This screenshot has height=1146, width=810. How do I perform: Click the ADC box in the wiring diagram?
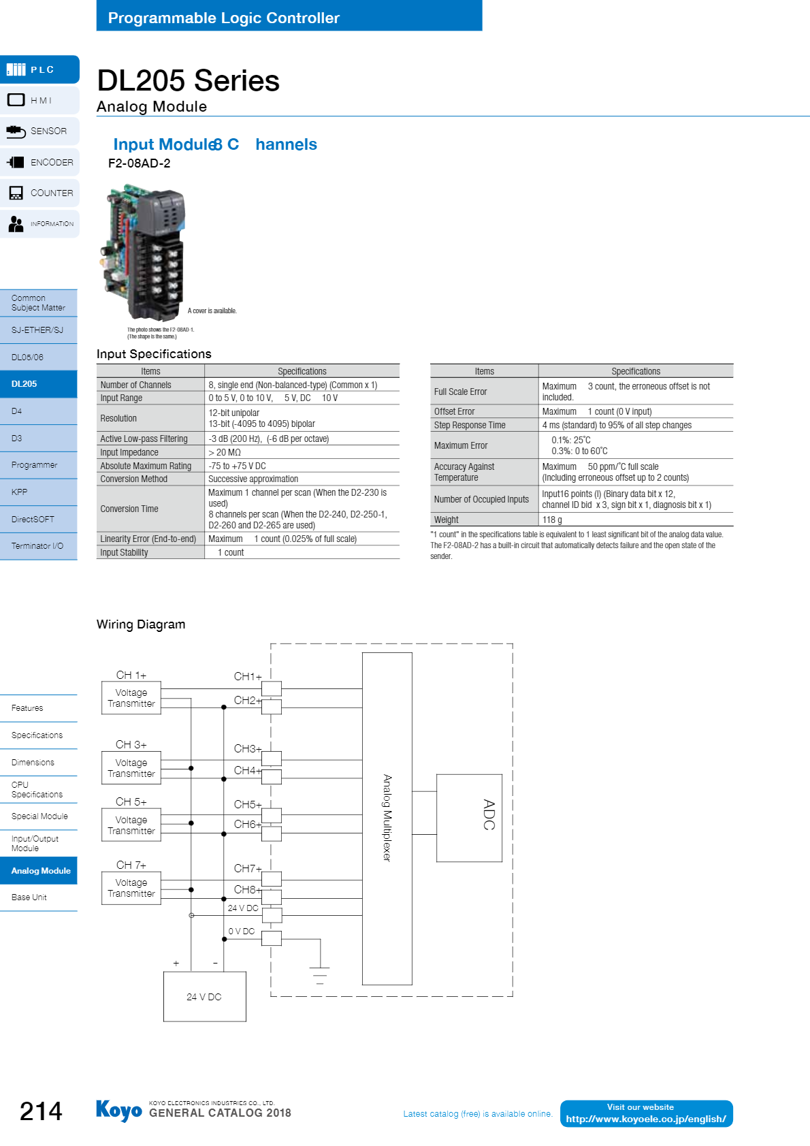[469, 818]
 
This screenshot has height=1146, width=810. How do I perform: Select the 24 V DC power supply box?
[205, 996]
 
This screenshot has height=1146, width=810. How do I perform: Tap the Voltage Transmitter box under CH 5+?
[131, 825]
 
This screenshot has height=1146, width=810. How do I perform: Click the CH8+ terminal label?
[248, 890]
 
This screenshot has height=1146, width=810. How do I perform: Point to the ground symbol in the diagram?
[320, 975]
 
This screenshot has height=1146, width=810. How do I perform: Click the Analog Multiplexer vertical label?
[387, 818]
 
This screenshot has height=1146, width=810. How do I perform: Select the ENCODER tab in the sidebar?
[40, 162]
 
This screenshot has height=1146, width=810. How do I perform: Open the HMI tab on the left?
[40, 100]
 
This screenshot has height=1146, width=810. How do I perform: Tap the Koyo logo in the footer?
[119, 1111]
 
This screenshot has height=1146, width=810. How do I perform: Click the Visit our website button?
[647, 1113]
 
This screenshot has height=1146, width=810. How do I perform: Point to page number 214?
[41, 1111]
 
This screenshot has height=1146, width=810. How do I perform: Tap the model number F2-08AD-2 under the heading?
[139, 163]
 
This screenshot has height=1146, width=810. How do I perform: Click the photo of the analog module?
[144, 253]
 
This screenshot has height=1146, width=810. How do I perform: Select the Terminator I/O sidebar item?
[38, 546]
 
